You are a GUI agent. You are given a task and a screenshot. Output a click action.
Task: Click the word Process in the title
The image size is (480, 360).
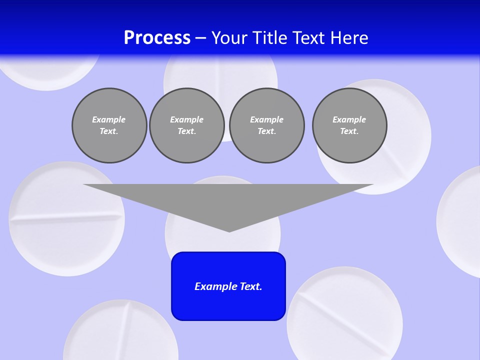click(x=157, y=38)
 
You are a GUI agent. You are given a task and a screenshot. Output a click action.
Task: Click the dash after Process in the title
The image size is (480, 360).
click(x=200, y=38)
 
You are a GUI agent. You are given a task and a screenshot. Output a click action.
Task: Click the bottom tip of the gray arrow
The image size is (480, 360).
click(x=229, y=230)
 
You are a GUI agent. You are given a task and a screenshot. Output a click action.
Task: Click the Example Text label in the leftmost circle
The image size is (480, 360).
click(x=109, y=125)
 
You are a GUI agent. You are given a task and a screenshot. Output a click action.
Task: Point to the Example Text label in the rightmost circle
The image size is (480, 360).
click(x=349, y=125)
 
